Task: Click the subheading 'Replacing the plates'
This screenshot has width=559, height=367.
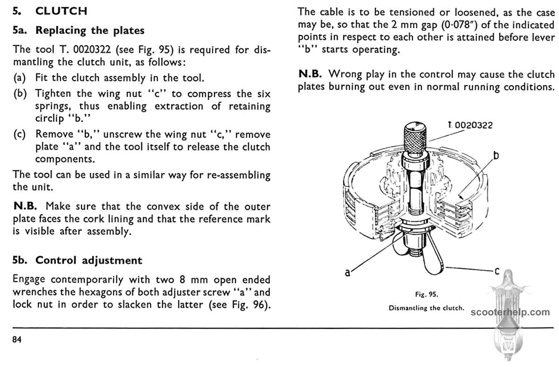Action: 90,31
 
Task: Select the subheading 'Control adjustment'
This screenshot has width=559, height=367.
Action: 89,260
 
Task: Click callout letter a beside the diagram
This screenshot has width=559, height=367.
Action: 348,272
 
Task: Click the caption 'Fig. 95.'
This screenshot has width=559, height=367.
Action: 426,294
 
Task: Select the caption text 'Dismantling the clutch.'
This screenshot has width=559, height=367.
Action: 427,308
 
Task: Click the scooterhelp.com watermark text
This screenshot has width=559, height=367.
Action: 511,312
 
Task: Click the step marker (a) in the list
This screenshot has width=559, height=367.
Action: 20,78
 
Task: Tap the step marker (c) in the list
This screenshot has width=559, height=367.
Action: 20,135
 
